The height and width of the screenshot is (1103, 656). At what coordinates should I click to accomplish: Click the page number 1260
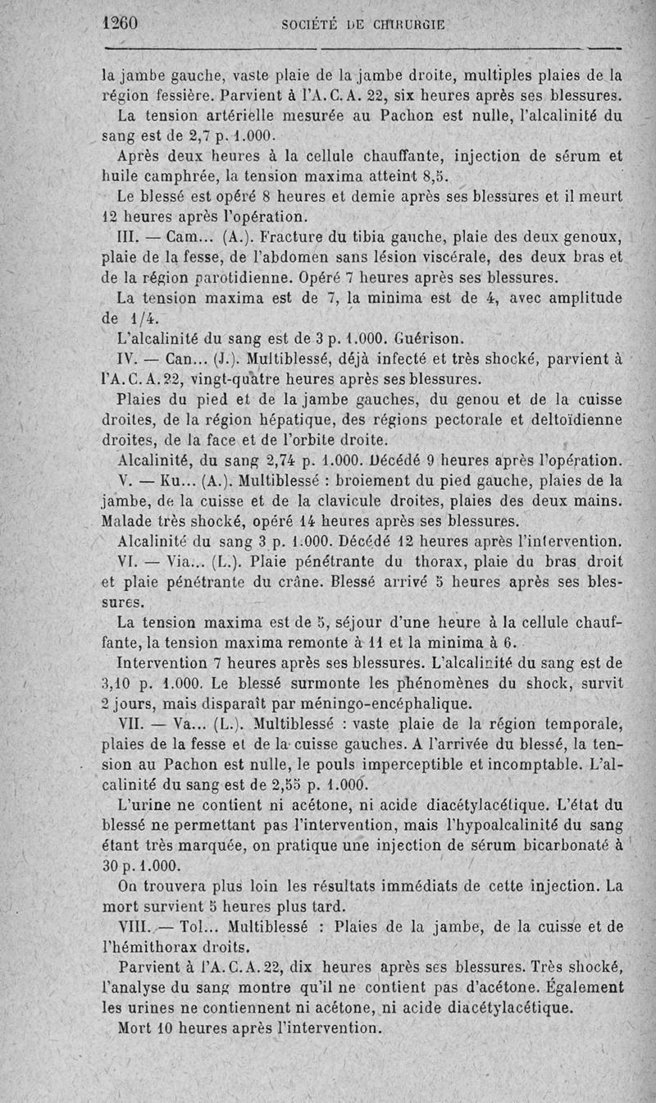coord(120,23)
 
